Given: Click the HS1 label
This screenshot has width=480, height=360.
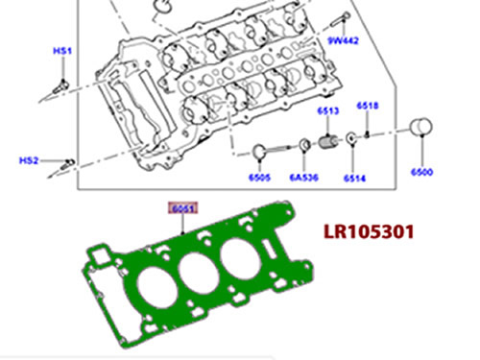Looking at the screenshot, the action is [x=62, y=51].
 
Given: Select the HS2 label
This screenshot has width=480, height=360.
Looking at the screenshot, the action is [x=29, y=160].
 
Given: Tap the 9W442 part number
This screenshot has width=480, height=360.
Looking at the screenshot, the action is [x=343, y=40].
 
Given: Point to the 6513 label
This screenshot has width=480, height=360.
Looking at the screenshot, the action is [x=328, y=111].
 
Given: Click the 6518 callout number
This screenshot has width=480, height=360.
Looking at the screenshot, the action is [x=368, y=106].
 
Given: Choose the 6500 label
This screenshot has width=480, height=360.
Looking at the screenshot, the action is [x=421, y=172].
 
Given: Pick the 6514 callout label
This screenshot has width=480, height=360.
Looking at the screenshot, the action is [x=354, y=178].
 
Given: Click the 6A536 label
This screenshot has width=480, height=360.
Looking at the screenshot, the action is [x=304, y=178].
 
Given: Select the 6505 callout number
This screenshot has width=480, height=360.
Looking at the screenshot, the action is [x=260, y=178].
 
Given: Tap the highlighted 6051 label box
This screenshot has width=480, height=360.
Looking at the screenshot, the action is [x=183, y=208].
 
